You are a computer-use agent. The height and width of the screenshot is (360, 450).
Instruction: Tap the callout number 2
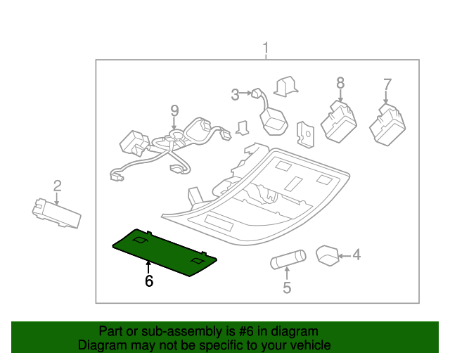57,186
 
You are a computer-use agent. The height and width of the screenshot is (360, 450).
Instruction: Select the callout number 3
236,93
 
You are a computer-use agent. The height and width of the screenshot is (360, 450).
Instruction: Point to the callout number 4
356,254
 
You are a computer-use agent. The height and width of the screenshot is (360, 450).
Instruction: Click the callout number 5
287,287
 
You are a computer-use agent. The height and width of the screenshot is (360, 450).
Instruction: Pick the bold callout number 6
148,281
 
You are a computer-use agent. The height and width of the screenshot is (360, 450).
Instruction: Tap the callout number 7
387,85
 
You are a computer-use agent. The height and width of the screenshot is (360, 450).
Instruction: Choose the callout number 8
340,83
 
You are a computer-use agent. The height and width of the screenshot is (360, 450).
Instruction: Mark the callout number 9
174,110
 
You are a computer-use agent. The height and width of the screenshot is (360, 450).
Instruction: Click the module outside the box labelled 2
56,213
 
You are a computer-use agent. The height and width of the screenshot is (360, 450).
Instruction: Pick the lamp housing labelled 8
339,121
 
